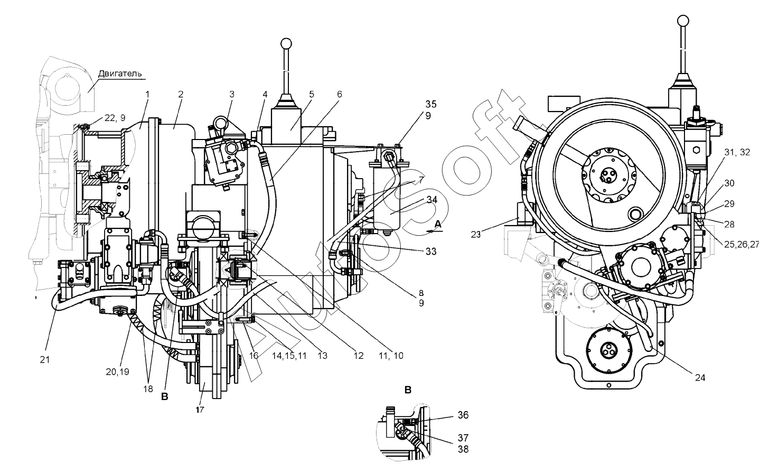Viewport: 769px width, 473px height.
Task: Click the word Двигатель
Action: click(x=120, y=74)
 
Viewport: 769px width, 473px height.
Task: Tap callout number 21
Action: click(x=45, y=360)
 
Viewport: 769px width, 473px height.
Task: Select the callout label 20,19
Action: click(x=117, y=372)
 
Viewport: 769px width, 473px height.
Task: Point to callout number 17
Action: click(x=200, y=410)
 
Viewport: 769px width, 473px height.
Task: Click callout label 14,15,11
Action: click(x=289, y=356)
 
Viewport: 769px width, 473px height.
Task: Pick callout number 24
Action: click(x=700, y=378)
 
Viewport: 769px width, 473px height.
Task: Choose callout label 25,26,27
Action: click(x=742, y=245)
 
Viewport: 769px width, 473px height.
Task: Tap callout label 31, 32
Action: click(x=737, y=152)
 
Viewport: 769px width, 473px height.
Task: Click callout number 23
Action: click(x=475, y=235)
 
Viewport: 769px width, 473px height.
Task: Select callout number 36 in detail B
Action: click(x=463, y=415)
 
